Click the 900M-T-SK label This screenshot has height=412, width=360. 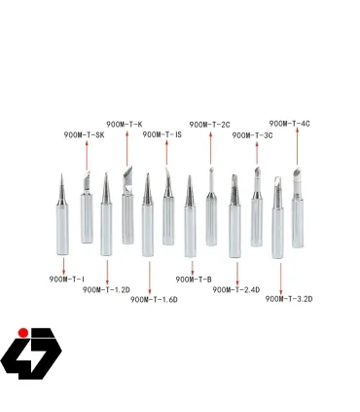pyautogui.click(x=84, y=134)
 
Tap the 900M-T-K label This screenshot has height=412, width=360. pyautogui.click(x=125, y=124)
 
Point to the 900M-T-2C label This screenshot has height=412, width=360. pyautogui.click(x=209, y=125)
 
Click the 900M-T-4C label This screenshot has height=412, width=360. pyautogui.click(x=289, y=124)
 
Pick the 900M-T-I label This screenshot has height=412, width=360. pyautogui.click(x=67, y=279)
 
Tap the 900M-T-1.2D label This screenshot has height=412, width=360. pyautogui.click(x=107, y=289)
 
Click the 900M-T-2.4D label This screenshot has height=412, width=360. pyautogui.click(x=235, y=289)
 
